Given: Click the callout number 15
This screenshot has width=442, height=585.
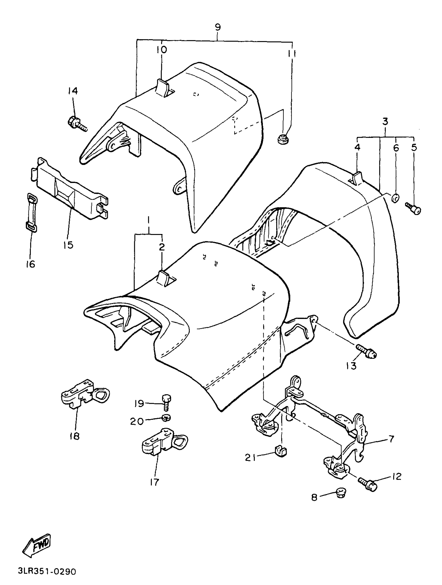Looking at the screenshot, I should pyautogui.click(x=68, y=245).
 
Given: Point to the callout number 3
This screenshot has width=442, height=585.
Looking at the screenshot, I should pyautogui.click(x=385, y=122).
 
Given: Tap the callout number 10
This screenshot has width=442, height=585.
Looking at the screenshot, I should pyautogui.click(x=162, y=49).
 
